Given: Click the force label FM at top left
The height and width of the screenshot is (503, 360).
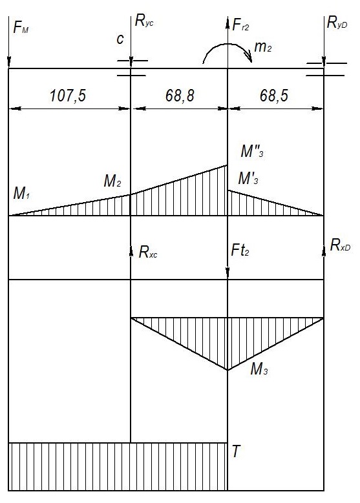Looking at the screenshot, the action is pos(21,27).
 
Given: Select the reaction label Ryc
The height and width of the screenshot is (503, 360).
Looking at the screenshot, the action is pos(144,21).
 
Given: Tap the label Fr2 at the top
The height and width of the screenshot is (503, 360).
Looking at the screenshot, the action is pos(240,25).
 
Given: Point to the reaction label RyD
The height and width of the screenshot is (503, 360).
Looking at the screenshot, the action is pos(337,23).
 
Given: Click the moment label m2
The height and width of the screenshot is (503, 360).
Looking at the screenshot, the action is pos(262,47).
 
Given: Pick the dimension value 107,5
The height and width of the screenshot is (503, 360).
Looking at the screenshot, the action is pos(68,96).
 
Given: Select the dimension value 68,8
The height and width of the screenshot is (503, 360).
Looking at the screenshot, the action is pos(180,96).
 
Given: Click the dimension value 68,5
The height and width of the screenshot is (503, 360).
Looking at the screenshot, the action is pos(274,96).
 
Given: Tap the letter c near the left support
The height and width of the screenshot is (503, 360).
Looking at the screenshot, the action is pos(120,39).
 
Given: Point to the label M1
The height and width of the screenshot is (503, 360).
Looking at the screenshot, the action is pos(21,193).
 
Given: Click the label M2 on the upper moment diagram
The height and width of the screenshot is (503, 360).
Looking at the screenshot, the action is pos(112,181).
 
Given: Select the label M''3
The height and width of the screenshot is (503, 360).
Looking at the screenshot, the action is pos(252,151).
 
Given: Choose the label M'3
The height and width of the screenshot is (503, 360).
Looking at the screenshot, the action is pos(248,178).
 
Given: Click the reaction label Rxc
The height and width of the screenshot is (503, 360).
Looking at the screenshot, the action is pos(148,252).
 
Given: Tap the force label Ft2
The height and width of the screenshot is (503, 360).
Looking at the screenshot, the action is pos(240,250).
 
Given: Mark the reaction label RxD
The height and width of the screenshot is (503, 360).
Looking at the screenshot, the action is pos(341,246).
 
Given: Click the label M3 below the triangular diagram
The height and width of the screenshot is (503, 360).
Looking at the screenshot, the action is pos(259,369).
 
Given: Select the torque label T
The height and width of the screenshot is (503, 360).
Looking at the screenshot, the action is pos(236,451).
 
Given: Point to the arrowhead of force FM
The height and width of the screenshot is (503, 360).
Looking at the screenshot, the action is pos(8,62).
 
